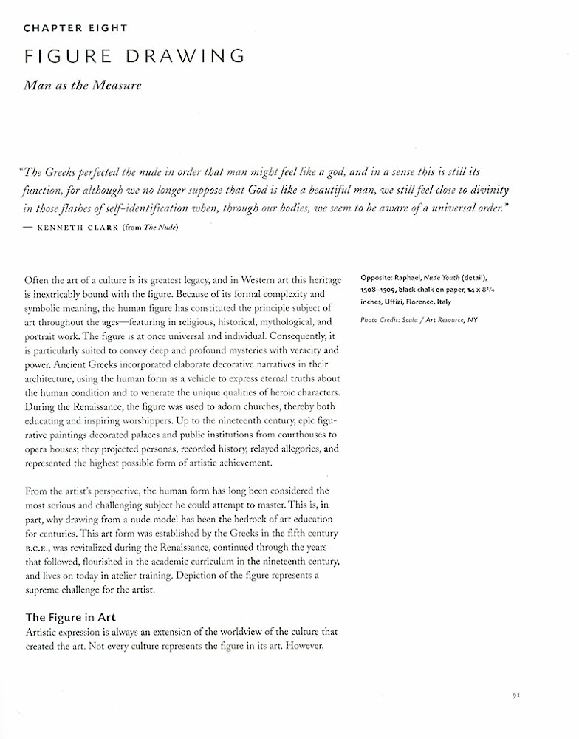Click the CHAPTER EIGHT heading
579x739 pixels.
click(x=75, y=28)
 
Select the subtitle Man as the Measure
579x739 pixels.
click(x=82, y=86)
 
